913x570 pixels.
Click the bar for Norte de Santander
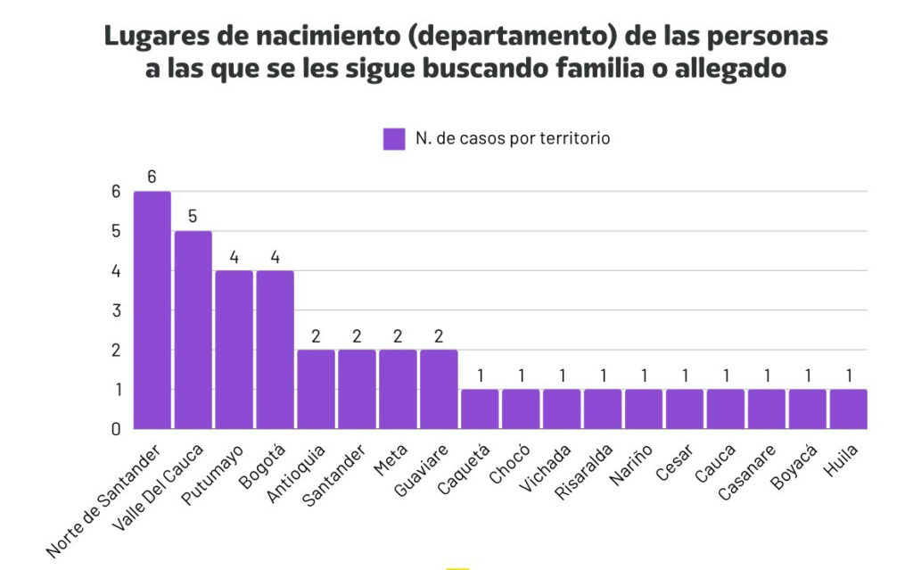point(152,310)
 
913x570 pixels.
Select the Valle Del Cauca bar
point(193,330)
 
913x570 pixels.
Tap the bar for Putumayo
point(234,350)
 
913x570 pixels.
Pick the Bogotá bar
point(275,350)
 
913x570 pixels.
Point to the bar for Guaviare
point(439,389)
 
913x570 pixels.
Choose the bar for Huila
point(848,409)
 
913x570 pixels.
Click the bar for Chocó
point(521,409)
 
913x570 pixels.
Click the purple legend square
point(394,139)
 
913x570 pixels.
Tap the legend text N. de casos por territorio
point(512,139)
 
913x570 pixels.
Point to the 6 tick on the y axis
point(116,191)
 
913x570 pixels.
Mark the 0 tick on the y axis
point(116,429)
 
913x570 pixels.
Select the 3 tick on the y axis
point(116,310)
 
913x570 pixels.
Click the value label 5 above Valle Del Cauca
point(193,217)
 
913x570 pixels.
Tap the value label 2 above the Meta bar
point(398,335)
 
